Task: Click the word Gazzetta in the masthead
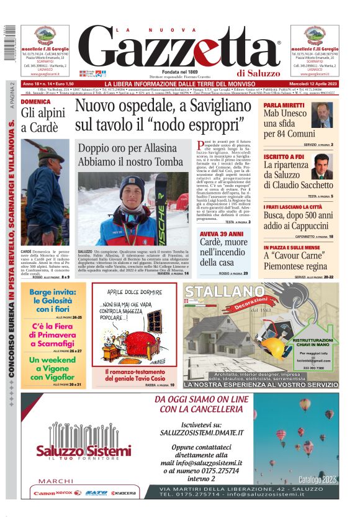180,50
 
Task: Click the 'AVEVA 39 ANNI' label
217,234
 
